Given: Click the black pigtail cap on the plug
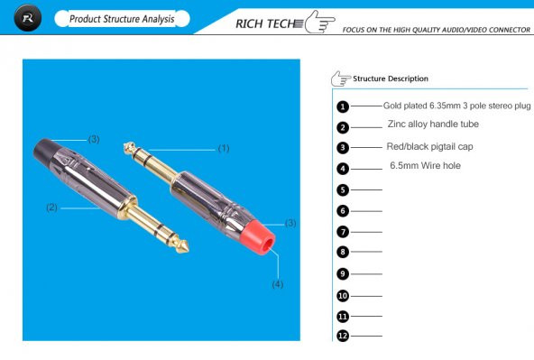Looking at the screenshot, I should tap(49, 151).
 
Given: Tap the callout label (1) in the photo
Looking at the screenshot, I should tap(224, 147).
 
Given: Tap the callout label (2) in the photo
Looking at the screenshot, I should tap(51, 208).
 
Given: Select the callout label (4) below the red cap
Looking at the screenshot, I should tap(278, 284).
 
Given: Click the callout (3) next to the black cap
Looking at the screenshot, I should tap(93, 139).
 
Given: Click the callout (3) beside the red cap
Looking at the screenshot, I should tap(290, 222).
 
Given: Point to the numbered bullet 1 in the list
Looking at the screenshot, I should tap(343, 106).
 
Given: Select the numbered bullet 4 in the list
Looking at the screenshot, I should tap(343, 169).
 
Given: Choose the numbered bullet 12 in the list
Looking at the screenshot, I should tap(343, 336).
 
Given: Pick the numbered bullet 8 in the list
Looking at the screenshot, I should tap(343, 253).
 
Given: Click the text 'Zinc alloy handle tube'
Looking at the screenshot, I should tap(433, 125).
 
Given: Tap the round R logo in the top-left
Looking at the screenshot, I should tap(29, 19).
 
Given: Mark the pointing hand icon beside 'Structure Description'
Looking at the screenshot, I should tap(341, 78).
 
